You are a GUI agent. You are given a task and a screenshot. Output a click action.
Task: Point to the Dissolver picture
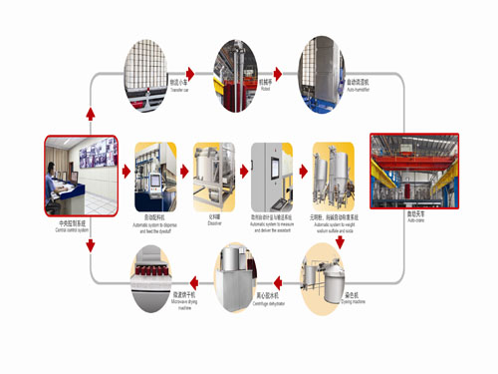[x=213, y=179]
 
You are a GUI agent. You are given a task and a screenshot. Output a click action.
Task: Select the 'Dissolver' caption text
[x=212, y=223]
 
